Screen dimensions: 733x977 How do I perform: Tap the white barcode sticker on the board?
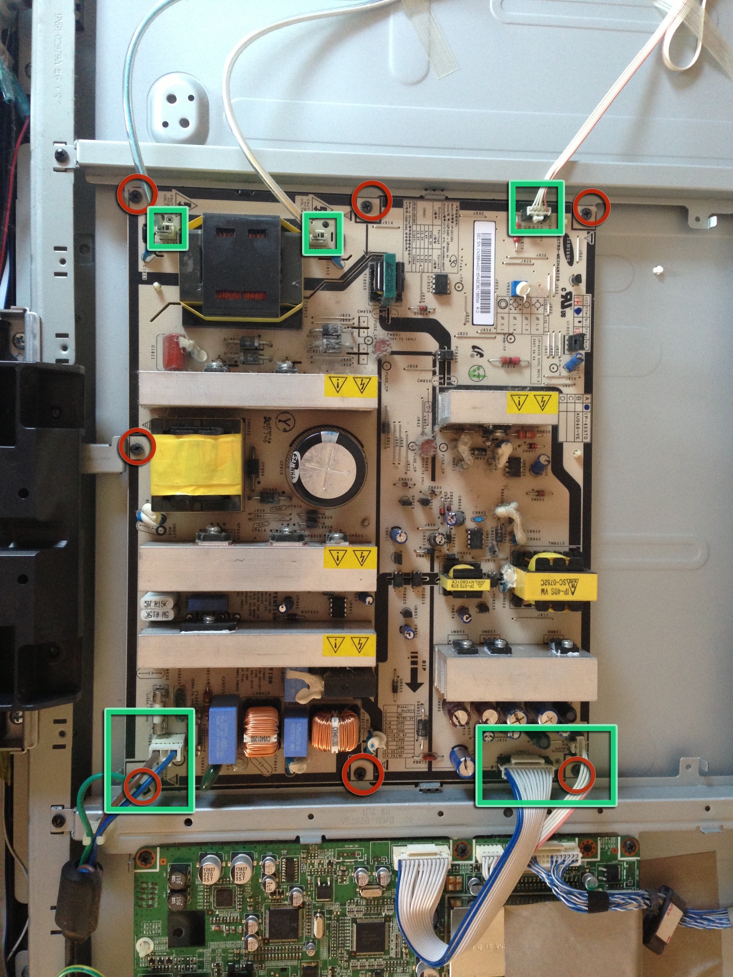tap(482, 273)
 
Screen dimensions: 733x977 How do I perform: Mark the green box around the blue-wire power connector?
tap(149, 760)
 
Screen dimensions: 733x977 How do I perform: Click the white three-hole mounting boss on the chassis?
tap(178, 110)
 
